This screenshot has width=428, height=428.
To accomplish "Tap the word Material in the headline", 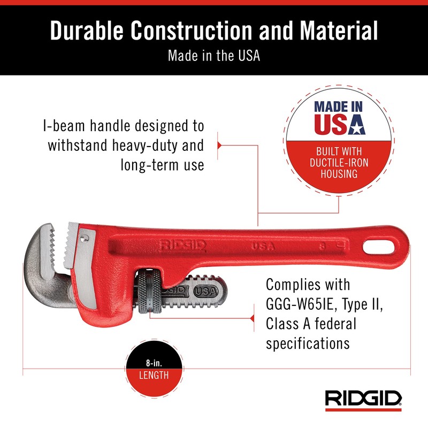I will (x=340, y=31).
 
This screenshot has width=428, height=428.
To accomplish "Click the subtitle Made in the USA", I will (x=213, y=56).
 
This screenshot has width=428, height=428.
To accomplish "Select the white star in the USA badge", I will (x=356, y=126).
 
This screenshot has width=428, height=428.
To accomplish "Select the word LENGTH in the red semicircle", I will (x=154, y=375).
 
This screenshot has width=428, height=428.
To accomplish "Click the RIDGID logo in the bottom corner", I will (x=364, y=399).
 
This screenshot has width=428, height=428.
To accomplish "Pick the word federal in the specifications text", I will (x=332, y=323).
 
